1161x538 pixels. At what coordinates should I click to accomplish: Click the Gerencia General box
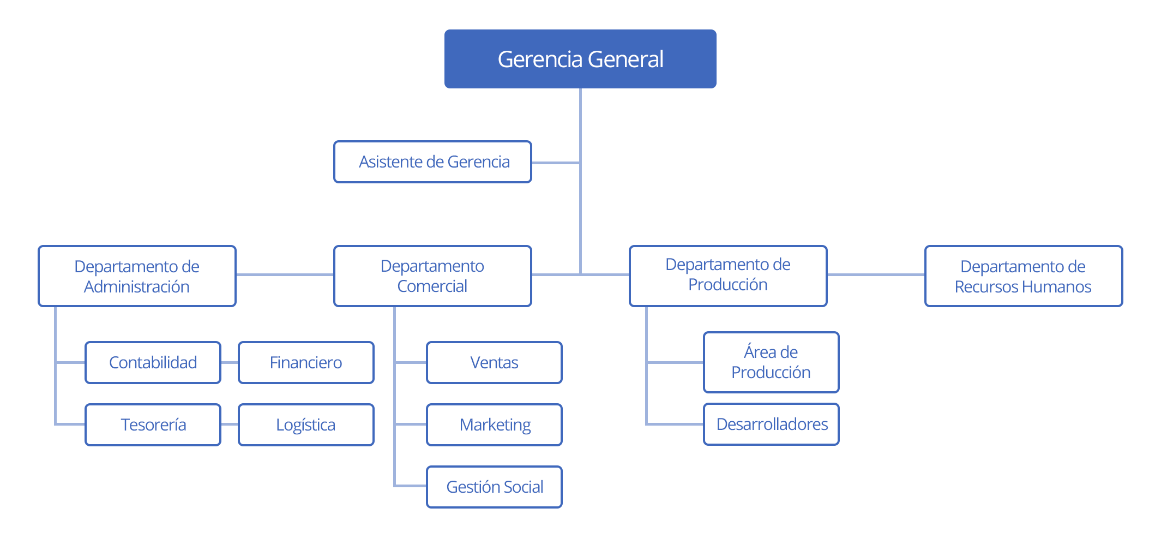(x=580, y=59)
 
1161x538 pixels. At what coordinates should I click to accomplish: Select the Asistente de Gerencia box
(x=432, y=162)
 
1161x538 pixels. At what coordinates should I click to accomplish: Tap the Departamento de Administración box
(x=137, y=276)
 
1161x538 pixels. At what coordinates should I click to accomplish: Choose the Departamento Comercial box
(x=432, y=276)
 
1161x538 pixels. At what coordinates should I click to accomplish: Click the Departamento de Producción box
(x=727, y=275)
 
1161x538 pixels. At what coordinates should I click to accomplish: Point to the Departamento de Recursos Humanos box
(x=1023, y=276)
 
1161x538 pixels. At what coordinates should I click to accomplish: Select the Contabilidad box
(x=153, y=362)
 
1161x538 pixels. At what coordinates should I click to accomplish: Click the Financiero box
(x=306, y=362)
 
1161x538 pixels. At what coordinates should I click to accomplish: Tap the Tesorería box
(x=153, y=425)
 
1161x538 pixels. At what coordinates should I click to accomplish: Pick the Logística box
(x=306, y=425)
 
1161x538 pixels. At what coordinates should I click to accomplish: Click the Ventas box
(x=494, y=362)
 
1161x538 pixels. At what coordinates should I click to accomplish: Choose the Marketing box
(x=494, y=425)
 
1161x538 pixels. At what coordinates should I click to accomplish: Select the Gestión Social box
(x=494, y=487)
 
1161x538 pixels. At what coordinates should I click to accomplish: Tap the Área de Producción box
(x=771, y=362)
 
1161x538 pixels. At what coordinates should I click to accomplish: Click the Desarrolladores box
(x=771, y=424)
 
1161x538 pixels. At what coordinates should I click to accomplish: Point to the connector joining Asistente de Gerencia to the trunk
(x=555, y=162)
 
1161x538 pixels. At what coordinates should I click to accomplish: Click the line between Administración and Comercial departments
(x=285, y=274)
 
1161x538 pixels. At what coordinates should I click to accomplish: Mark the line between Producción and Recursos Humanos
(x=876, y=274)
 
